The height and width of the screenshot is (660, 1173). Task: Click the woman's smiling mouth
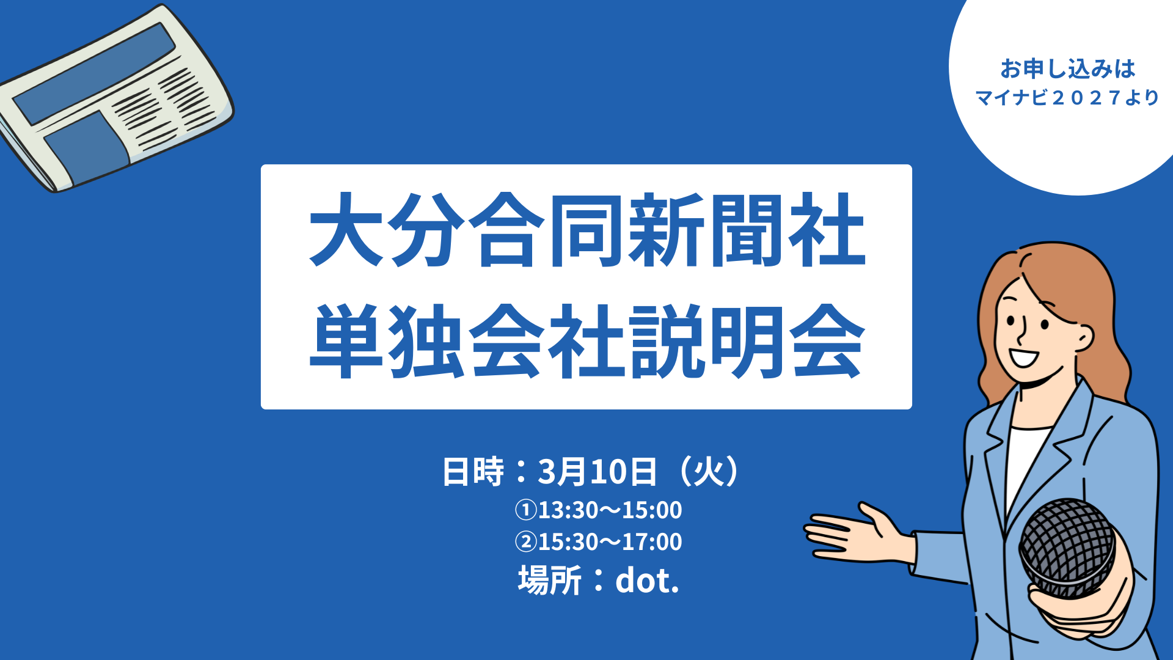click(1023, 356)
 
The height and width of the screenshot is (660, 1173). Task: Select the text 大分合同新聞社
click(587, 230)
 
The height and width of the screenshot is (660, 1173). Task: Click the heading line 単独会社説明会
click(587, 340)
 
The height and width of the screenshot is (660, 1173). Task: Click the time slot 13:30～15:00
click(610, 510)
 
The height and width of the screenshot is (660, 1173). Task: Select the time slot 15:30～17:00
click(610, 541)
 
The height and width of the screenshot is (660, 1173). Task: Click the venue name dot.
click(647, 580)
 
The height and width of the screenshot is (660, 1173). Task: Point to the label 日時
click(473, 472)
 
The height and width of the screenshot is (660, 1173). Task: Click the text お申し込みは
click(1068, 68)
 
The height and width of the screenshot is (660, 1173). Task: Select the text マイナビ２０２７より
click(1067, 98)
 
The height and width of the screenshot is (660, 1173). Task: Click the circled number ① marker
click(525, 510)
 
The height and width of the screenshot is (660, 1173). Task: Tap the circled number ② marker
click(525, 541)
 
